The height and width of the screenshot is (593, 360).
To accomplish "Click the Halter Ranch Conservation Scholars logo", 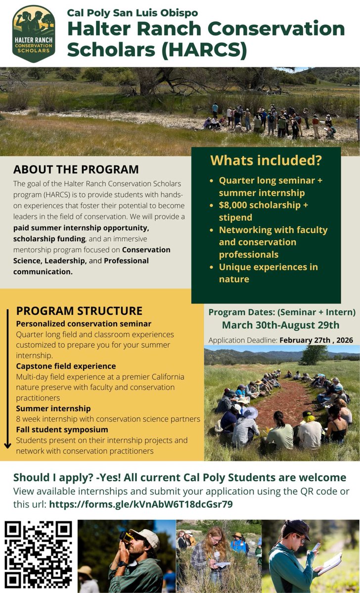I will coord(34,34).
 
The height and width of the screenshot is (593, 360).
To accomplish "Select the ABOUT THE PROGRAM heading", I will coord(76,169).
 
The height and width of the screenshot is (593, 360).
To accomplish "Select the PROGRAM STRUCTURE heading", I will coord(79,311).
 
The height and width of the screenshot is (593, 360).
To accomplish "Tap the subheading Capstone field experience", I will coord(66,366).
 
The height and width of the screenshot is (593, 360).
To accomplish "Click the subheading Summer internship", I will coord(53,409).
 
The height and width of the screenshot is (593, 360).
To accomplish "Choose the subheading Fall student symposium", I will coord(62,430).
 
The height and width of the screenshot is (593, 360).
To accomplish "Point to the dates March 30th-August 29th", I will coord(280,325).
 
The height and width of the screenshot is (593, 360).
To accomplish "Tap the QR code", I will coord(38,553).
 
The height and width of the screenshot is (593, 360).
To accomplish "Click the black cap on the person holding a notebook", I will coord(296,529).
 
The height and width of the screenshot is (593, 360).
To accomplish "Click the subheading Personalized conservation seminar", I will coord(84,324).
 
